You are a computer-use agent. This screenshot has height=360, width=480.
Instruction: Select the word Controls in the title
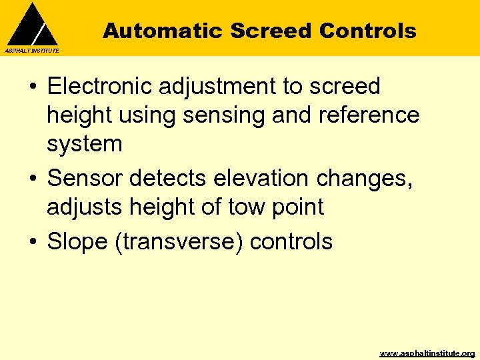tap(368, 31)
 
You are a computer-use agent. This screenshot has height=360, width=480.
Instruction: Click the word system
tap(84, 145)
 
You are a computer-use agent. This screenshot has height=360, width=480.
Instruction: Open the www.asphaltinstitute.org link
tap(427, 353)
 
